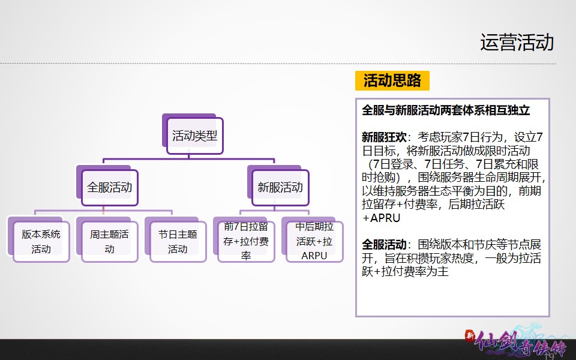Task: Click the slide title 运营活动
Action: pos(517,42)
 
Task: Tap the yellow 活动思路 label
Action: pos(392,80)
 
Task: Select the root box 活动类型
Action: pos(194,136)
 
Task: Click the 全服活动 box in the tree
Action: pos(109,187)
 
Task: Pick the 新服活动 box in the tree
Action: pos(280,187)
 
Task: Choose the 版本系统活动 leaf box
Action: pos(41,241)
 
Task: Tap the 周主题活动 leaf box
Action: pos(109,241)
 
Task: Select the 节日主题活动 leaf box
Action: pos(178,241)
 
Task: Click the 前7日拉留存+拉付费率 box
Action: pos(246,241)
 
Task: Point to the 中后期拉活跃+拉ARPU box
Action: pos(314,241)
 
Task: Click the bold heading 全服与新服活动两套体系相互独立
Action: pos(446,110)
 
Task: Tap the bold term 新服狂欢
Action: pos(384,137)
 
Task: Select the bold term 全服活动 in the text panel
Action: pos(384,244)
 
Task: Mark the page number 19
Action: pos(549,356)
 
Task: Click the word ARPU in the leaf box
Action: pos(314,256)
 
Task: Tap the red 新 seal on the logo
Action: pos(470,335)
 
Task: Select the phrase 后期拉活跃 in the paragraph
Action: pos(476,204)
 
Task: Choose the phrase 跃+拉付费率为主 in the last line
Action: pos(405,271)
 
